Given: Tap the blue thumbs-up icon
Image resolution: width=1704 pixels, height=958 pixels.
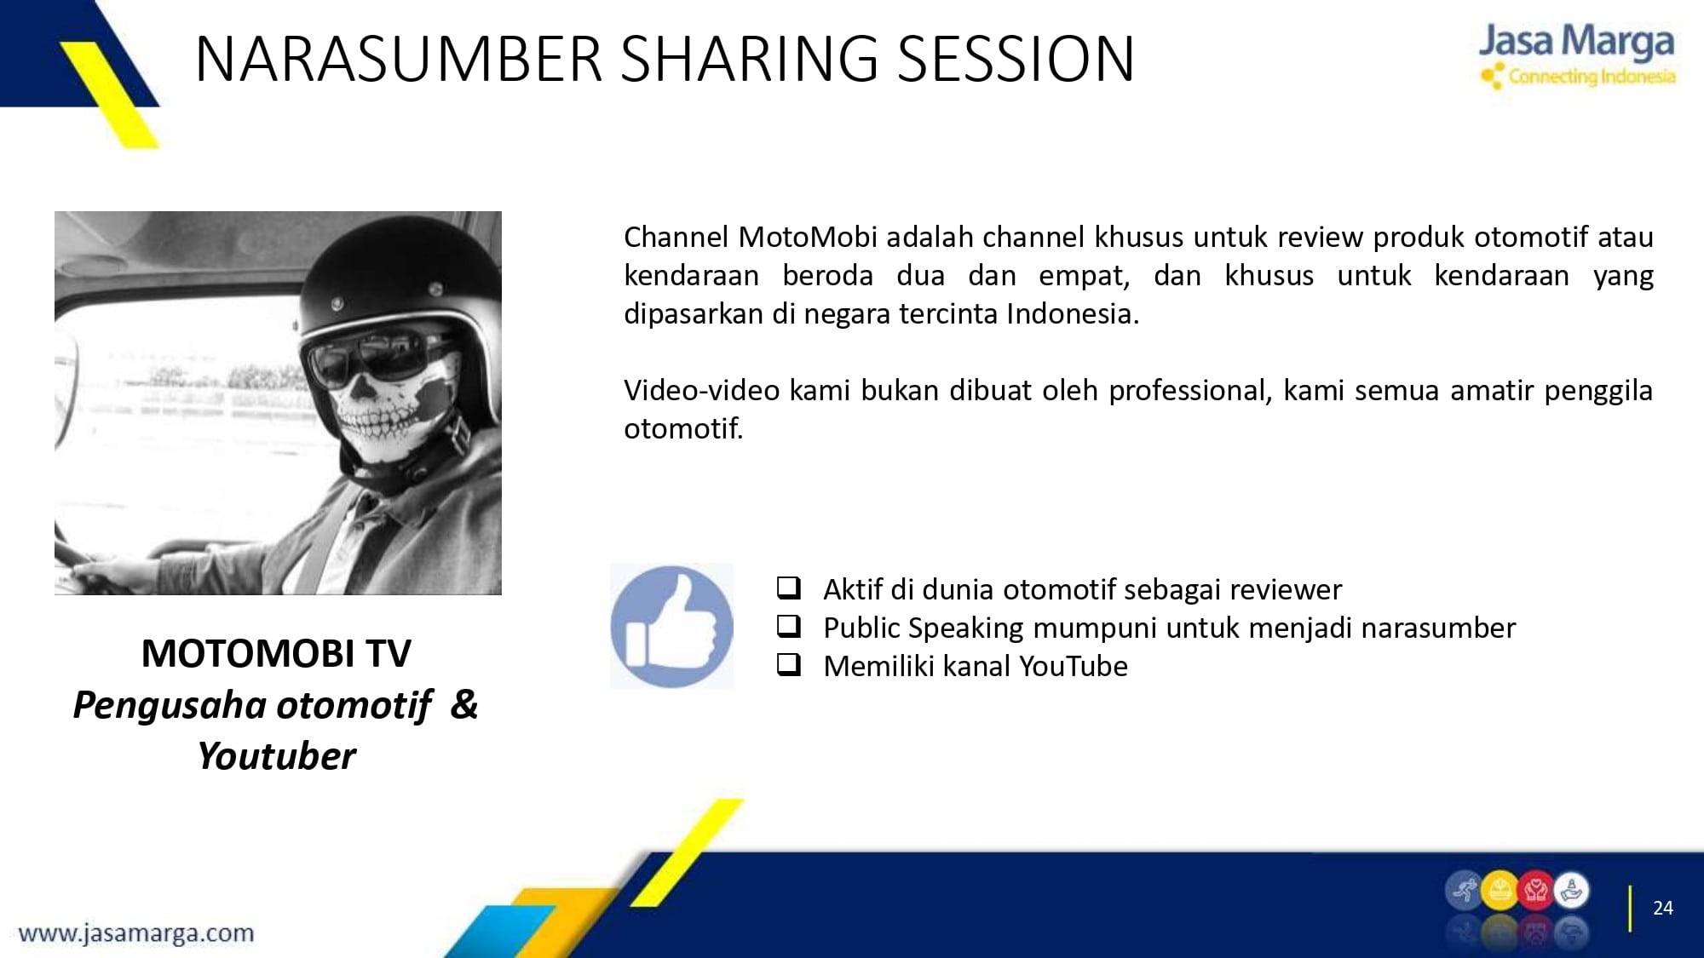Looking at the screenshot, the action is coord(671,626).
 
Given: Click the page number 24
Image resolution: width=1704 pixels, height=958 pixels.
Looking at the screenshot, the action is coord(1663,908).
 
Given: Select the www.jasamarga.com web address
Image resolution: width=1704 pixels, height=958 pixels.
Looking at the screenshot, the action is coord(136,933).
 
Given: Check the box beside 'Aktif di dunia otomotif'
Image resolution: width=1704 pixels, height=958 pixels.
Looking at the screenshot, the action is coord(789,588).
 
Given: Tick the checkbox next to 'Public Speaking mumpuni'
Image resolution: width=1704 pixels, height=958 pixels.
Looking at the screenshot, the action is coord(789,626).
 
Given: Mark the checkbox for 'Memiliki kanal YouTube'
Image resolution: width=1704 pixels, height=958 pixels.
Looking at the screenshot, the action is coord(789,664).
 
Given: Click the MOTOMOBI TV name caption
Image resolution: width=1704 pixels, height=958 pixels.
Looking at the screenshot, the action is coord(276,654).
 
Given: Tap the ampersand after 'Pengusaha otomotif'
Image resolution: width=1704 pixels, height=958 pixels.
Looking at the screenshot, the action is coord(464,704).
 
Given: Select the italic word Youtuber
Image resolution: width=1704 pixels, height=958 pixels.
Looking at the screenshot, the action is coord(276,756).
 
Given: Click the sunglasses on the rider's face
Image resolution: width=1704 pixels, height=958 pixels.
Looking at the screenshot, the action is coord(376,359).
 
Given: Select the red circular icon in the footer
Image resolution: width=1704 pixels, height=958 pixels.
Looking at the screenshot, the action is coord(1535,892).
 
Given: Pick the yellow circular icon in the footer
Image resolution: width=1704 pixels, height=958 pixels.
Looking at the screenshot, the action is coord(1500,892).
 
